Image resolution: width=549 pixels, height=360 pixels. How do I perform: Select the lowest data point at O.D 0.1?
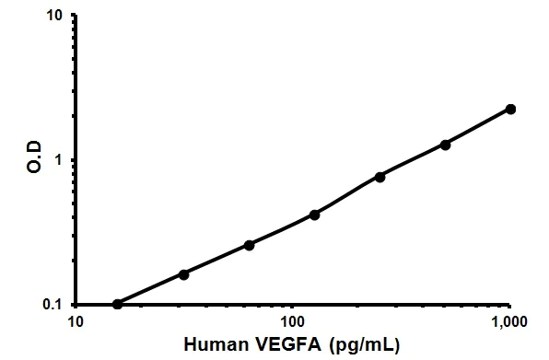[x=117, y=304]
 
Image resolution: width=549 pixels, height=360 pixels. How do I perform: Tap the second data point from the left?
[x=184, y=274]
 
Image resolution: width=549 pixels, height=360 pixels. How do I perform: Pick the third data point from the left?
[x=250, y=245]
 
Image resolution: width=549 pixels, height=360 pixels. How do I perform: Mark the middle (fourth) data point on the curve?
[x=314, y=215]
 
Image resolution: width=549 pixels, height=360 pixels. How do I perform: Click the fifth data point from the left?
[x=380, y=177]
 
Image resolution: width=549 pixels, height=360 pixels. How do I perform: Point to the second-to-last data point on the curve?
[x=446, y=145]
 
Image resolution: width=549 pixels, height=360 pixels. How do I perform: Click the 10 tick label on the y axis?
[x=55, y=17]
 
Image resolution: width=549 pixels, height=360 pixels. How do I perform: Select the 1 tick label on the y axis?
[x=59, y=160]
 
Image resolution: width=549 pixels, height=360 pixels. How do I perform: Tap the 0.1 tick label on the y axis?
[x=53, y=305]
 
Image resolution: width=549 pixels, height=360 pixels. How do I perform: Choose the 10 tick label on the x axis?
[x=76, y=322]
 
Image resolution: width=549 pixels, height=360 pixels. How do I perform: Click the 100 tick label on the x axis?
[x=293, y=322]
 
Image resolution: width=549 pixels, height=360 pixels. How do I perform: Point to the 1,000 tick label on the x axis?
[x=509, y=322]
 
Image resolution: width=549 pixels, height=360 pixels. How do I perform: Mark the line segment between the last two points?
[x=479, y=127]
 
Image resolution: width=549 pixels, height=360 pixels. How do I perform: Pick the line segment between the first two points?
[x=151, y=289]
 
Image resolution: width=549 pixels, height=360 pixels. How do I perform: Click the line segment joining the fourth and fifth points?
[x=347, y=195]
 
